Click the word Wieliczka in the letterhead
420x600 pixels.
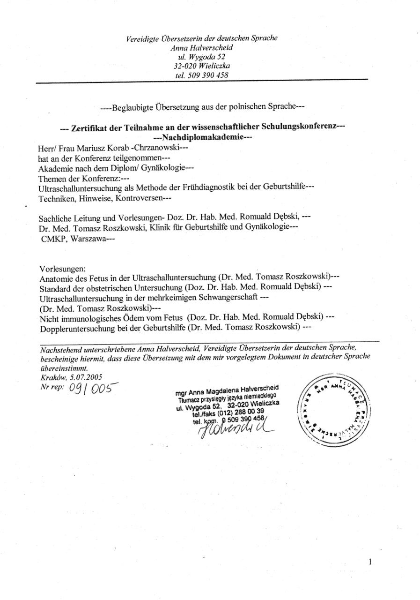pyautogui.click(x=214, y=66)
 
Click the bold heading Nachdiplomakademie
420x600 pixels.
pyautogui.click(x=203, y=138)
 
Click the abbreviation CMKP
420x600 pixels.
pyautogui.click(x=53, y=238)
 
